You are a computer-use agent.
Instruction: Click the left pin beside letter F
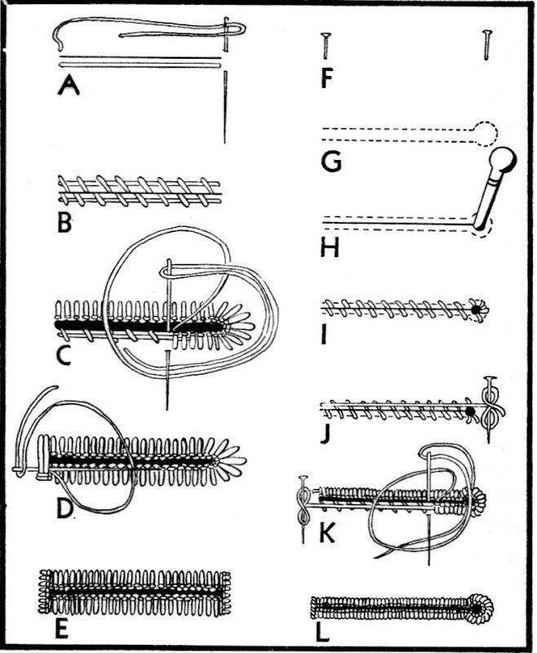[325, 45]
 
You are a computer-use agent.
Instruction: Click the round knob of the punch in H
[504, 154]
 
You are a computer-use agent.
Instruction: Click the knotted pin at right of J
[491, 405]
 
